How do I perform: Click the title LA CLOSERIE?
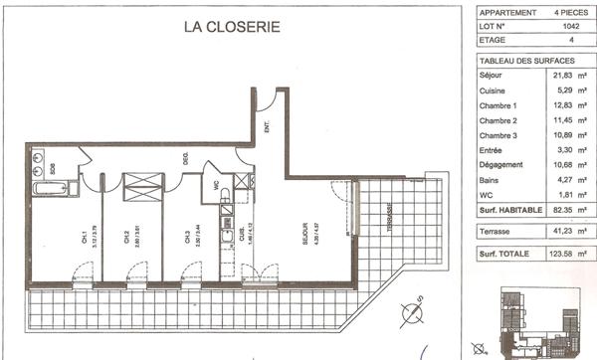232,27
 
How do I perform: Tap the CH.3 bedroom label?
187,237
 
